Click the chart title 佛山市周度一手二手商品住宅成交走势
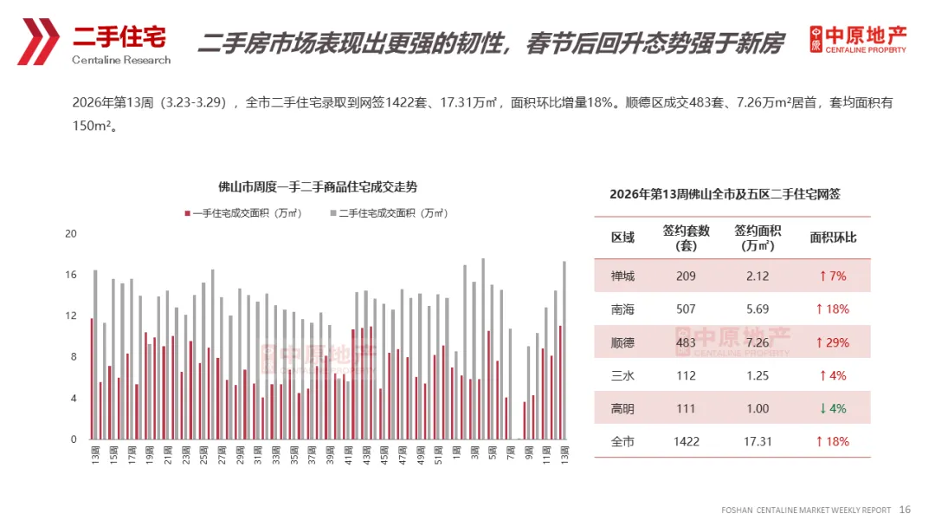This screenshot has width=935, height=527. [318, 187]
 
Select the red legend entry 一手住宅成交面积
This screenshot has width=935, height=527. [243, 213]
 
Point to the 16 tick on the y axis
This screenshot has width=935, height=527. [71, 275]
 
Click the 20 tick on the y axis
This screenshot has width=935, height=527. [71, 234]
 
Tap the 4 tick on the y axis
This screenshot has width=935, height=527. [73, 399]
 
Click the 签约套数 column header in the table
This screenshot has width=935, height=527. [686, 237]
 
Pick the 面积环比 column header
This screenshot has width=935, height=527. [833, 237]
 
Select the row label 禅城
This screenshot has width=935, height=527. [622, 277]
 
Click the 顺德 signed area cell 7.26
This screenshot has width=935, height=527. [758, 342]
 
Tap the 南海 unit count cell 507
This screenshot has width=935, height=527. [686, 309]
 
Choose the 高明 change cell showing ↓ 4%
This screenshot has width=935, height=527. [833, 408]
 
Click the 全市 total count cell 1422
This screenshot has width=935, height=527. [686, 441]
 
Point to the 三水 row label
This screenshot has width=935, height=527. [622, 375]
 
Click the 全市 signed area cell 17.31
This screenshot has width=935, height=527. [758, 441]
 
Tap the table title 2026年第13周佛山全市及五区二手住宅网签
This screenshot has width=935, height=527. [725, 194]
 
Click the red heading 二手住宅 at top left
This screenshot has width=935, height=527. [119, 36]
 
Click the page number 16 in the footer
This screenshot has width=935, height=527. [906, 510]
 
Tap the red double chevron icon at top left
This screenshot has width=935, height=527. [38, 41]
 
